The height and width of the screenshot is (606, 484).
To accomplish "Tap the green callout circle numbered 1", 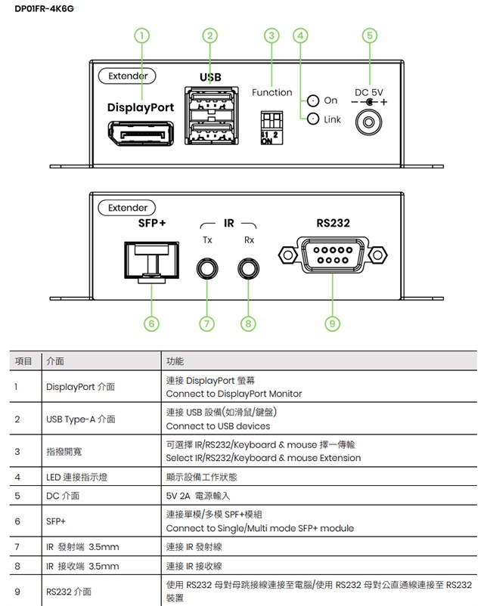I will [141, 35].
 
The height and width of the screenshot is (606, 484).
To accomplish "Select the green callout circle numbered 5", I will [369, 35].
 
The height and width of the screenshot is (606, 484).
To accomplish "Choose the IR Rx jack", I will [249, 268].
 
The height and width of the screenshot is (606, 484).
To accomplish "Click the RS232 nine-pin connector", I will [333, 255].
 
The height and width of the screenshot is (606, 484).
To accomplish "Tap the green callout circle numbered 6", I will [151, 323].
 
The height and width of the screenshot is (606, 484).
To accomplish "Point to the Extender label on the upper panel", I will [127, 76].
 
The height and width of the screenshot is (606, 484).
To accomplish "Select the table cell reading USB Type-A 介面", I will [81, 419].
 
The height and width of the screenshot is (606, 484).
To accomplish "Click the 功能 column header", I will [175, 362].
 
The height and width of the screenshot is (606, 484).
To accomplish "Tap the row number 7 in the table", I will [17, 547].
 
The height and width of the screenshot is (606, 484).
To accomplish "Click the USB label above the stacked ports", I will [210, 77].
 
